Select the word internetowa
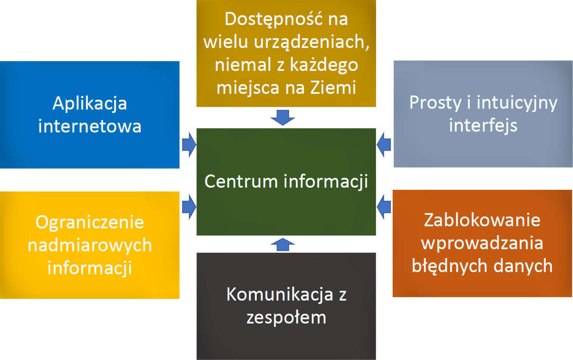90,126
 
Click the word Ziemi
333,87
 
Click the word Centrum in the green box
241,181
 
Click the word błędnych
449,266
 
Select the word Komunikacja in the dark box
280,295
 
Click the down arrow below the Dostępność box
283,118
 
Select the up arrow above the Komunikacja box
283,245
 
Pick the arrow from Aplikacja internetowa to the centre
189,145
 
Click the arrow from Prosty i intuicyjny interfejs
384,145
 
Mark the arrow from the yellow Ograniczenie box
189,207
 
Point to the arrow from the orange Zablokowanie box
384,207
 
